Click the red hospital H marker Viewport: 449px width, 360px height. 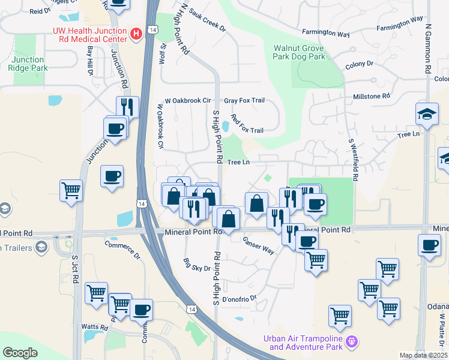click(136, 34)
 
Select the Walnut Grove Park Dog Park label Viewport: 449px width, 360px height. click(299, 52)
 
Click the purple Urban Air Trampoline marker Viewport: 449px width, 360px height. click(352, 343)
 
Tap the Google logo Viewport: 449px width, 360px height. click(20, 353)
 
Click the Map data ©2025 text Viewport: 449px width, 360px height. click(423, 355)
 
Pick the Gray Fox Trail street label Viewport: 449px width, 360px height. click(244, 101)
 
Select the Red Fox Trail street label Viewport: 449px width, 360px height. click(247, 125)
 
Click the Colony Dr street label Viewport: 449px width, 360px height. click(360, 64)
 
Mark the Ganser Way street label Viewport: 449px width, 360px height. click(259, 245)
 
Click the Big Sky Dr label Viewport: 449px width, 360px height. click(197, 264)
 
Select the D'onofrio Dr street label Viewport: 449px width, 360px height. click(239, 298)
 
